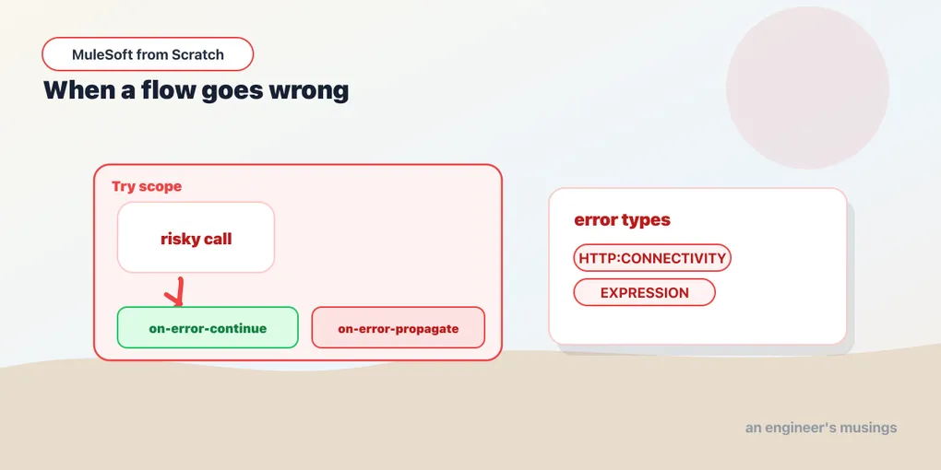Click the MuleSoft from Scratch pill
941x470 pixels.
(x=148, y=54)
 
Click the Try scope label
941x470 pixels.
(x=147, y=186)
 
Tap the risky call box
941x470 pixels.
(x=196, y=238)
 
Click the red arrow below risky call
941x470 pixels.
(x=176, y=292)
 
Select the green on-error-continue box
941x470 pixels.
(x=208, y=327)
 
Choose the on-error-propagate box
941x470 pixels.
(x=398, y=327)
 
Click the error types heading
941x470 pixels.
(x=623, y=220)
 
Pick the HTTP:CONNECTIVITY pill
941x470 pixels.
(x=652, y=258)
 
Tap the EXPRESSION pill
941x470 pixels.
(x=645, y=292)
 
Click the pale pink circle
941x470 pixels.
(x=807, y=88)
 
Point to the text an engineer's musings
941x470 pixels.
(x=821, y=428)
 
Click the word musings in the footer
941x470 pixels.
(x=868, y=429)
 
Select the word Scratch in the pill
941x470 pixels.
(x=197, y=54)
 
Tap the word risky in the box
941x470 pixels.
(x=175, y=240)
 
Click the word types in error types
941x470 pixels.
(x=647, y=220)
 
